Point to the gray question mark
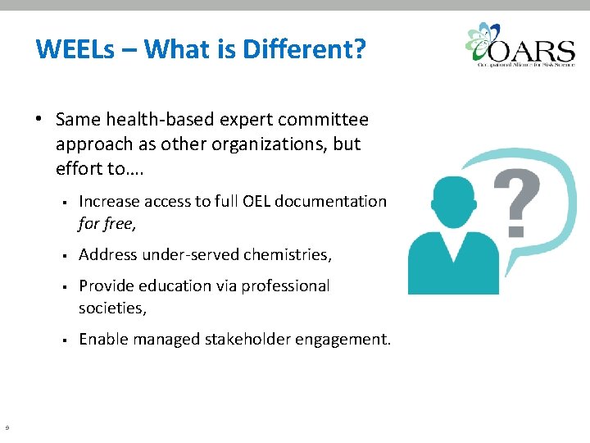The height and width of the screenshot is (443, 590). [x=516, y=201]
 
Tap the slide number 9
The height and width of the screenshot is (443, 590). [x=7, y=427]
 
